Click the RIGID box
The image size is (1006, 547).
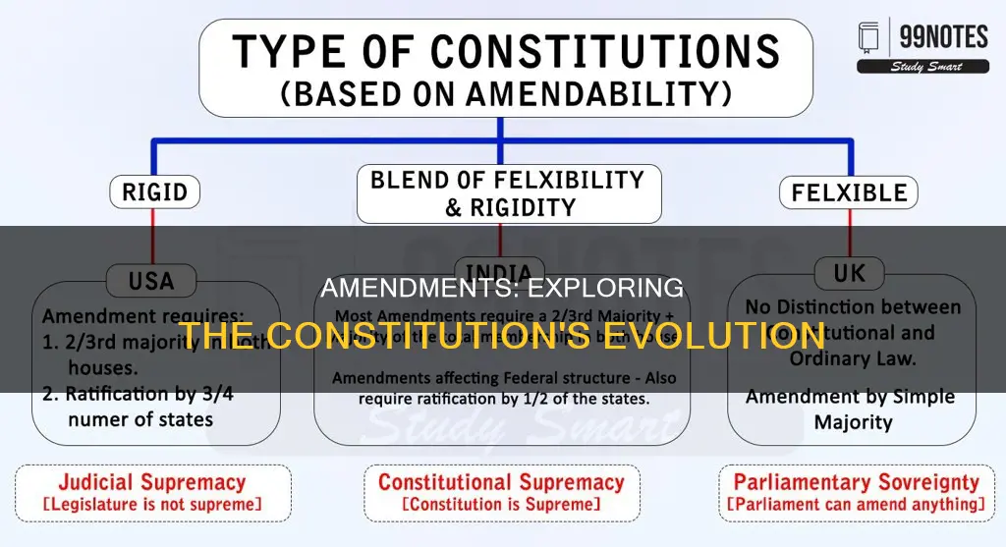click(155, 192)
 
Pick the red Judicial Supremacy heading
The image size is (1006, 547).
click(154, 482)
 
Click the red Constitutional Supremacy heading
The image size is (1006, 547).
click(501, 482)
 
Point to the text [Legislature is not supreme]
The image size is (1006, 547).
click(154, 506)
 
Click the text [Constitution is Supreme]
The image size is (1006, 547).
click(501, 506)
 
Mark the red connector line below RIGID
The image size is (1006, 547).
click(154, 236)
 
